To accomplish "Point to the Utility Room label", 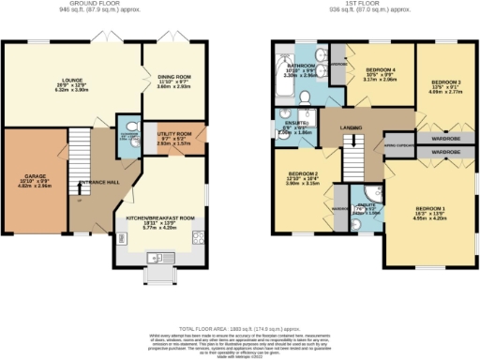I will pos(174,136).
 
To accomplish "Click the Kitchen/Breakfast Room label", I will pos(159,217).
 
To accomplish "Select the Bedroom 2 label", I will pos(305,174).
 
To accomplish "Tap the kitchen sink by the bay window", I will pos(157,258).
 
